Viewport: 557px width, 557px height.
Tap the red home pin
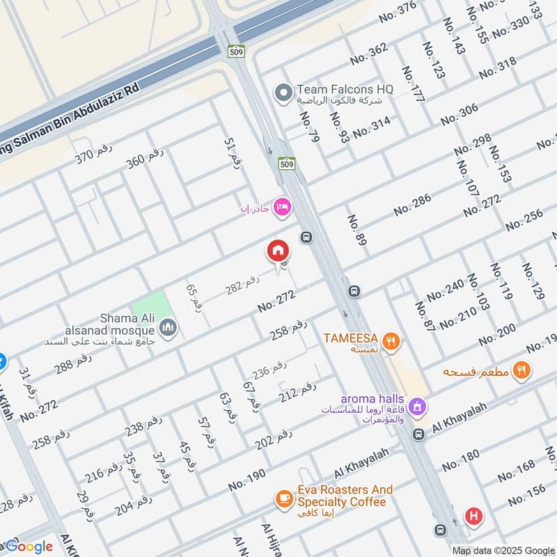click(x=278, y=250)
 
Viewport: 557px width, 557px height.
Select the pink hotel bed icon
click(x=282, y=207)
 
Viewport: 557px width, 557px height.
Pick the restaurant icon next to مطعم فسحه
click(x=521, y=370)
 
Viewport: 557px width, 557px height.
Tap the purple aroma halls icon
click(x=416, y=405)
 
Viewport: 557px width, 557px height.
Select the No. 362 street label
click(x=368, y=54)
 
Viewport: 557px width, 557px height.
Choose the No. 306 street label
click(x=460, y=113)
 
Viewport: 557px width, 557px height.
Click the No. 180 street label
click(x=460, y=461)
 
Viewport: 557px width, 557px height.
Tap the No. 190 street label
click(x=246, y=480)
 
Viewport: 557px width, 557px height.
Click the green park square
click(x=151, y=307)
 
